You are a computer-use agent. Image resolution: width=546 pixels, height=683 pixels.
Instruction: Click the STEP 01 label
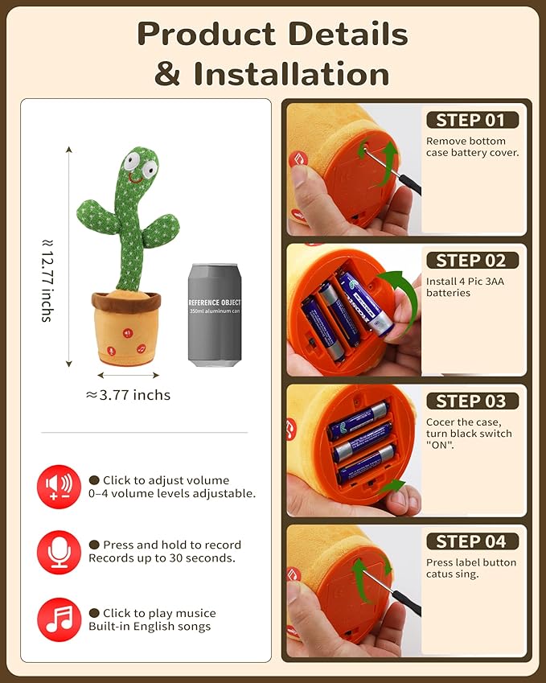[x=471, y=121]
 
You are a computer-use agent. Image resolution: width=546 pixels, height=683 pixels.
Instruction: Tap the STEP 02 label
[x=471, y=261]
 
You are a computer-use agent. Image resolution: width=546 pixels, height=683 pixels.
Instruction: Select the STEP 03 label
[x=471, y=401]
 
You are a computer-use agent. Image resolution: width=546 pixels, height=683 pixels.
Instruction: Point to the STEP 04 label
[x=471, y=541]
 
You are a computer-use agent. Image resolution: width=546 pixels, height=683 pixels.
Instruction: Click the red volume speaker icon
[x=59, y=487]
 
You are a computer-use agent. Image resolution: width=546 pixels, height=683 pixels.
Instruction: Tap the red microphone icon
[x=59, y=552]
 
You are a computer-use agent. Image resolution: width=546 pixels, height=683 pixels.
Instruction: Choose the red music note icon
[x=59, y=619]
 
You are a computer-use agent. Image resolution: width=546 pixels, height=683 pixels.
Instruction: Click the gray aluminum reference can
[x=214, y=314]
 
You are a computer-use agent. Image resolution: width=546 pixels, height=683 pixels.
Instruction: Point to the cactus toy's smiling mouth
[x=133, y=179]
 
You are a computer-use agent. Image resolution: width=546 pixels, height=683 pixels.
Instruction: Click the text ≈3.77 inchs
[x=128, y=395]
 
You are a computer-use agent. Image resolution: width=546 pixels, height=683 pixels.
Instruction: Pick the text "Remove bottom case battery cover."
[x=472, y=146]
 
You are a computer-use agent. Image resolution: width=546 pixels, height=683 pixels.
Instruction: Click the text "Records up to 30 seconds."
[x=162, y=558]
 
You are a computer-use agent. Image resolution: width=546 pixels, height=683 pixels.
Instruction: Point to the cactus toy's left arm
[x=93, y=212]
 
